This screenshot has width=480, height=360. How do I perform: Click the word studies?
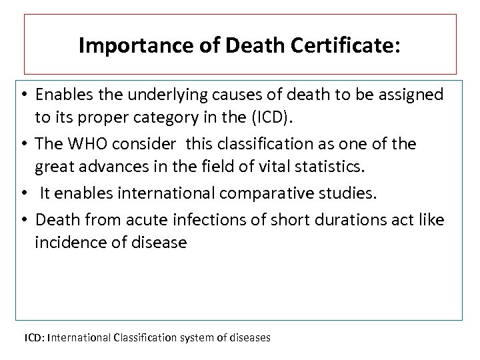pos(350,193)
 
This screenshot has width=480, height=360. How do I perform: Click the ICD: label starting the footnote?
pos(35,338)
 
